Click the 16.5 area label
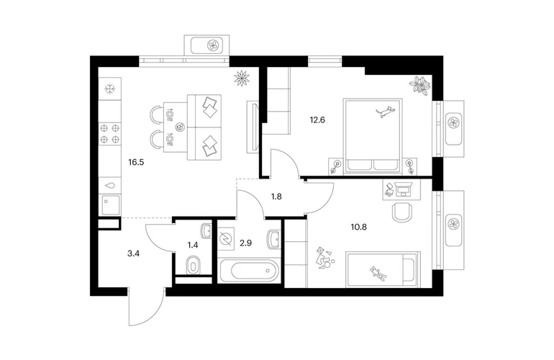click(x=136, y=163)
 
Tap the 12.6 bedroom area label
click(x=317, y=120)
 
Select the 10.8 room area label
click(x=358, y=227)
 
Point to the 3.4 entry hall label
click(x=134, y=253)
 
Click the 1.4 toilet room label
click(x=193, y=244)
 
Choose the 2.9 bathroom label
click(x=245, y=243)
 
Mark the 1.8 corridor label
click(x=276, y=197)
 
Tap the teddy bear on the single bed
click(x=378, y=274)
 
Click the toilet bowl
click(x=194, y=264)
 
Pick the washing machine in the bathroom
click(x=226, y=239)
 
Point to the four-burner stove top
click(x=109, y=134)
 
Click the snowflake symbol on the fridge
click(x=111, y=89)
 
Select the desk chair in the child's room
click(x=402, y=212)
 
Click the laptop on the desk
click(x=402, y=189)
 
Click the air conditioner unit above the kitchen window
click(x=206, y=45)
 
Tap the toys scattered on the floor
click(x=324, y=258)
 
